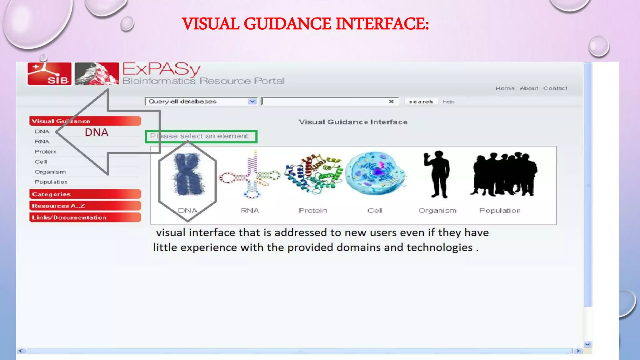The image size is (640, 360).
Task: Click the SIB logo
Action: [x=49, y=74]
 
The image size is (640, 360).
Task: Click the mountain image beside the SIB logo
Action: [x=97, y=74]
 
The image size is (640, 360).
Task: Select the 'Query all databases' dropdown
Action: [x=201, y=102]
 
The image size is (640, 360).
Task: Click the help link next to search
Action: [x=448, y=102]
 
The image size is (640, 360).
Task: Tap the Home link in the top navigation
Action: [x=505, y=88]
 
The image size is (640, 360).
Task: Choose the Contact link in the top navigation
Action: [x=555, y=88]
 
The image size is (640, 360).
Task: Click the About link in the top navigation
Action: [x=529, y=88]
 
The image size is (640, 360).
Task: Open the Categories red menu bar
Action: [x=85, y=194]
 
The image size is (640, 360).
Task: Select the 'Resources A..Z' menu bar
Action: [x=85, y=206]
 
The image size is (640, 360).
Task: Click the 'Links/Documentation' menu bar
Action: [x=85, y=217]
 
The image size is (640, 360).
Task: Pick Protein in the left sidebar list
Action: [x=46, y=152]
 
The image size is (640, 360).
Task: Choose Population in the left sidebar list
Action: [x=51, y=182]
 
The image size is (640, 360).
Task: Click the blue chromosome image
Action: [x=187, y=174]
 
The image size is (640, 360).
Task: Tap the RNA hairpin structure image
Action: [x=250, y=175]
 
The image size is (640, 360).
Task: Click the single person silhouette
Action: [x=437, y=174]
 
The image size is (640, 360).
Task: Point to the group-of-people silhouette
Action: [x=503, y=174]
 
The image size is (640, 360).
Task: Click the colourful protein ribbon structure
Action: [x=313, y=173]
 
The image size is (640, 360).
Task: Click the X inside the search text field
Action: [x=391, y=102]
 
